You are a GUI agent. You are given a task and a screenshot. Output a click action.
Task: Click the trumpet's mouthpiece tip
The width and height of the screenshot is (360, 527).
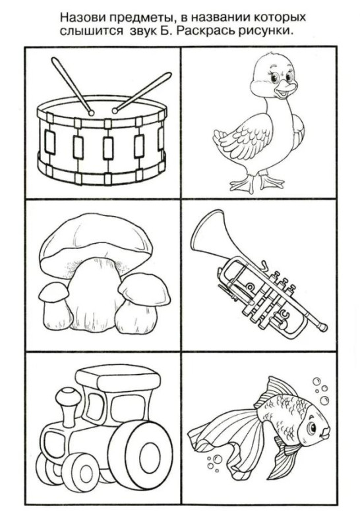click(324, 327)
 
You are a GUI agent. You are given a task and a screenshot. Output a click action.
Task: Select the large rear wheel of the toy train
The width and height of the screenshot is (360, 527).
click(140, 451)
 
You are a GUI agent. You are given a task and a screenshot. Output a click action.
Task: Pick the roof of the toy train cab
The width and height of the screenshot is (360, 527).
click(117, 379)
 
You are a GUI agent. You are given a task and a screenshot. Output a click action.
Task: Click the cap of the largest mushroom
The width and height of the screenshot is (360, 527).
click(96, 240)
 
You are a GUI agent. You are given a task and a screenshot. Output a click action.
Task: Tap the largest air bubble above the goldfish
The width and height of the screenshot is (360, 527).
click(324, 401)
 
